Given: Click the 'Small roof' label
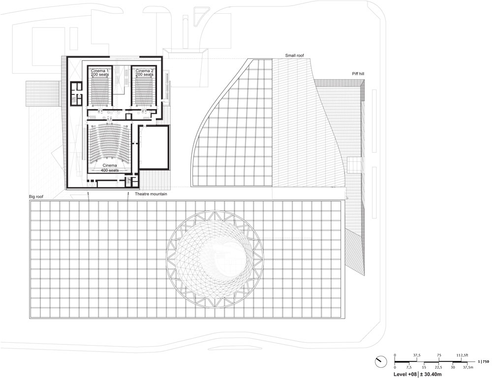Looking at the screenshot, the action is point(294,56).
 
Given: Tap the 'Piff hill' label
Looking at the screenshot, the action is point(358,74).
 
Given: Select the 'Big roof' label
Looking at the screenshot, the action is point(35,197).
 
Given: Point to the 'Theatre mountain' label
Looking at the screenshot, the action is point(151,194).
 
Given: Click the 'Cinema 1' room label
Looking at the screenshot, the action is point(100,71).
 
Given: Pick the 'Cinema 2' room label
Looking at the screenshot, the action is point(144,71).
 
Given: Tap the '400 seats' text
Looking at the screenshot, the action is point(110,170).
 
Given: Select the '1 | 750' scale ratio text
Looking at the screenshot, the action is point(483,361).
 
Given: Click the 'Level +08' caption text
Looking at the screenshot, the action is point(405,374).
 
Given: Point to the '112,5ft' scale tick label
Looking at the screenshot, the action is point(462,355).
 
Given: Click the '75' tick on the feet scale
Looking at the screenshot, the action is point(439,355).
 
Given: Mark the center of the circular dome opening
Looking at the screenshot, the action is point(215,259).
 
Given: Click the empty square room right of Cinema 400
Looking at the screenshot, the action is point(154,147).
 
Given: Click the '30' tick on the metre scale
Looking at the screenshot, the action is point(453,367).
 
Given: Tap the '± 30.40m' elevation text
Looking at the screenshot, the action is point(431,374).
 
